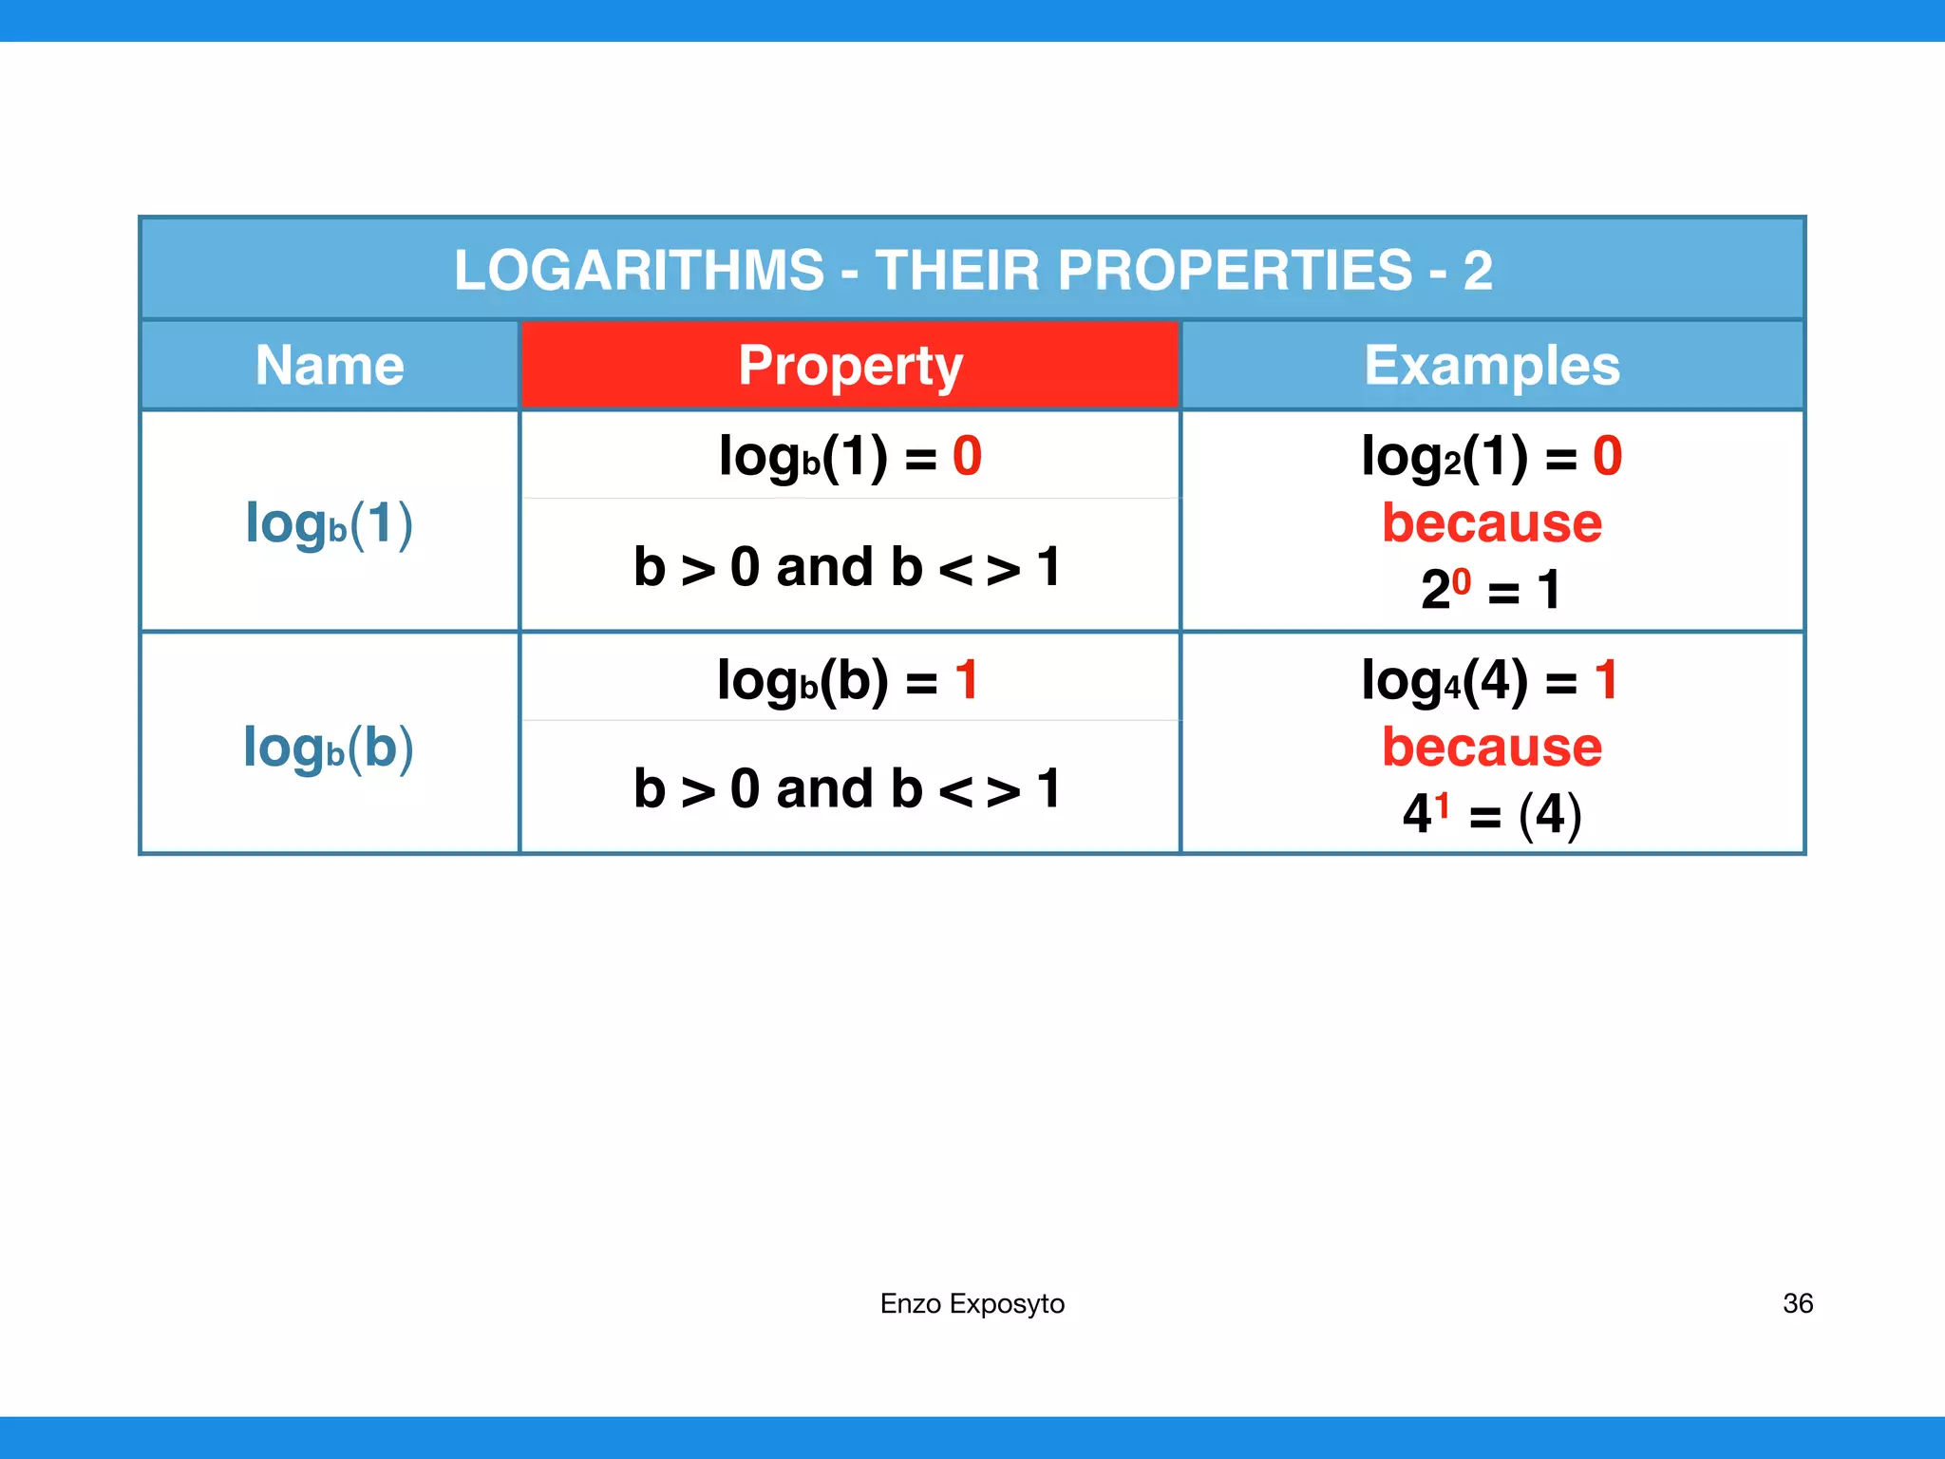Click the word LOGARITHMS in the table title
pyautogui.click(x=639, y=271)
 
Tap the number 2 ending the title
pyautogui.click(x=1478, y=271)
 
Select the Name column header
pyautogui.click(x=330, y=366)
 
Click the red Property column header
pyautogui.click(x=850, y=366)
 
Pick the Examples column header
pyautogui.click(x=1491, y=366)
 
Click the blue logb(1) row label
pyautogui.click(x=329, y=523)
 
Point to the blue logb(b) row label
pyautogui.click(x=329, y=748)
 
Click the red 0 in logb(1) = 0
pyautogui.click(x=967, y=456)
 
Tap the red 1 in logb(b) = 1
pyautogui.click(x=967, y=680)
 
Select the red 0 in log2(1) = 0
pyautogui.click(x=1607, y=456)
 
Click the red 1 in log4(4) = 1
pyautogui.click(x=1606, y=680)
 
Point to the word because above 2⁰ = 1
pyautogui.click(x=1491, y=523)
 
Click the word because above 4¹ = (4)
pyautogui.click(x=1491, y=748)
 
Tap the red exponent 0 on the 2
pyautogui.click(x=1462, y=579)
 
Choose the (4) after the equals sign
pyautogui.click(x=1549, y=814)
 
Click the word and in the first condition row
pyautogui.click(x=824, y=568)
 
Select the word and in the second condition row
pyautogui.click(x=824, y=789)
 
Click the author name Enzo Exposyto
pyautogui.click(x=972, y=1303)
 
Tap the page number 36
pyautogui.click(x=1797, y=1303)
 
